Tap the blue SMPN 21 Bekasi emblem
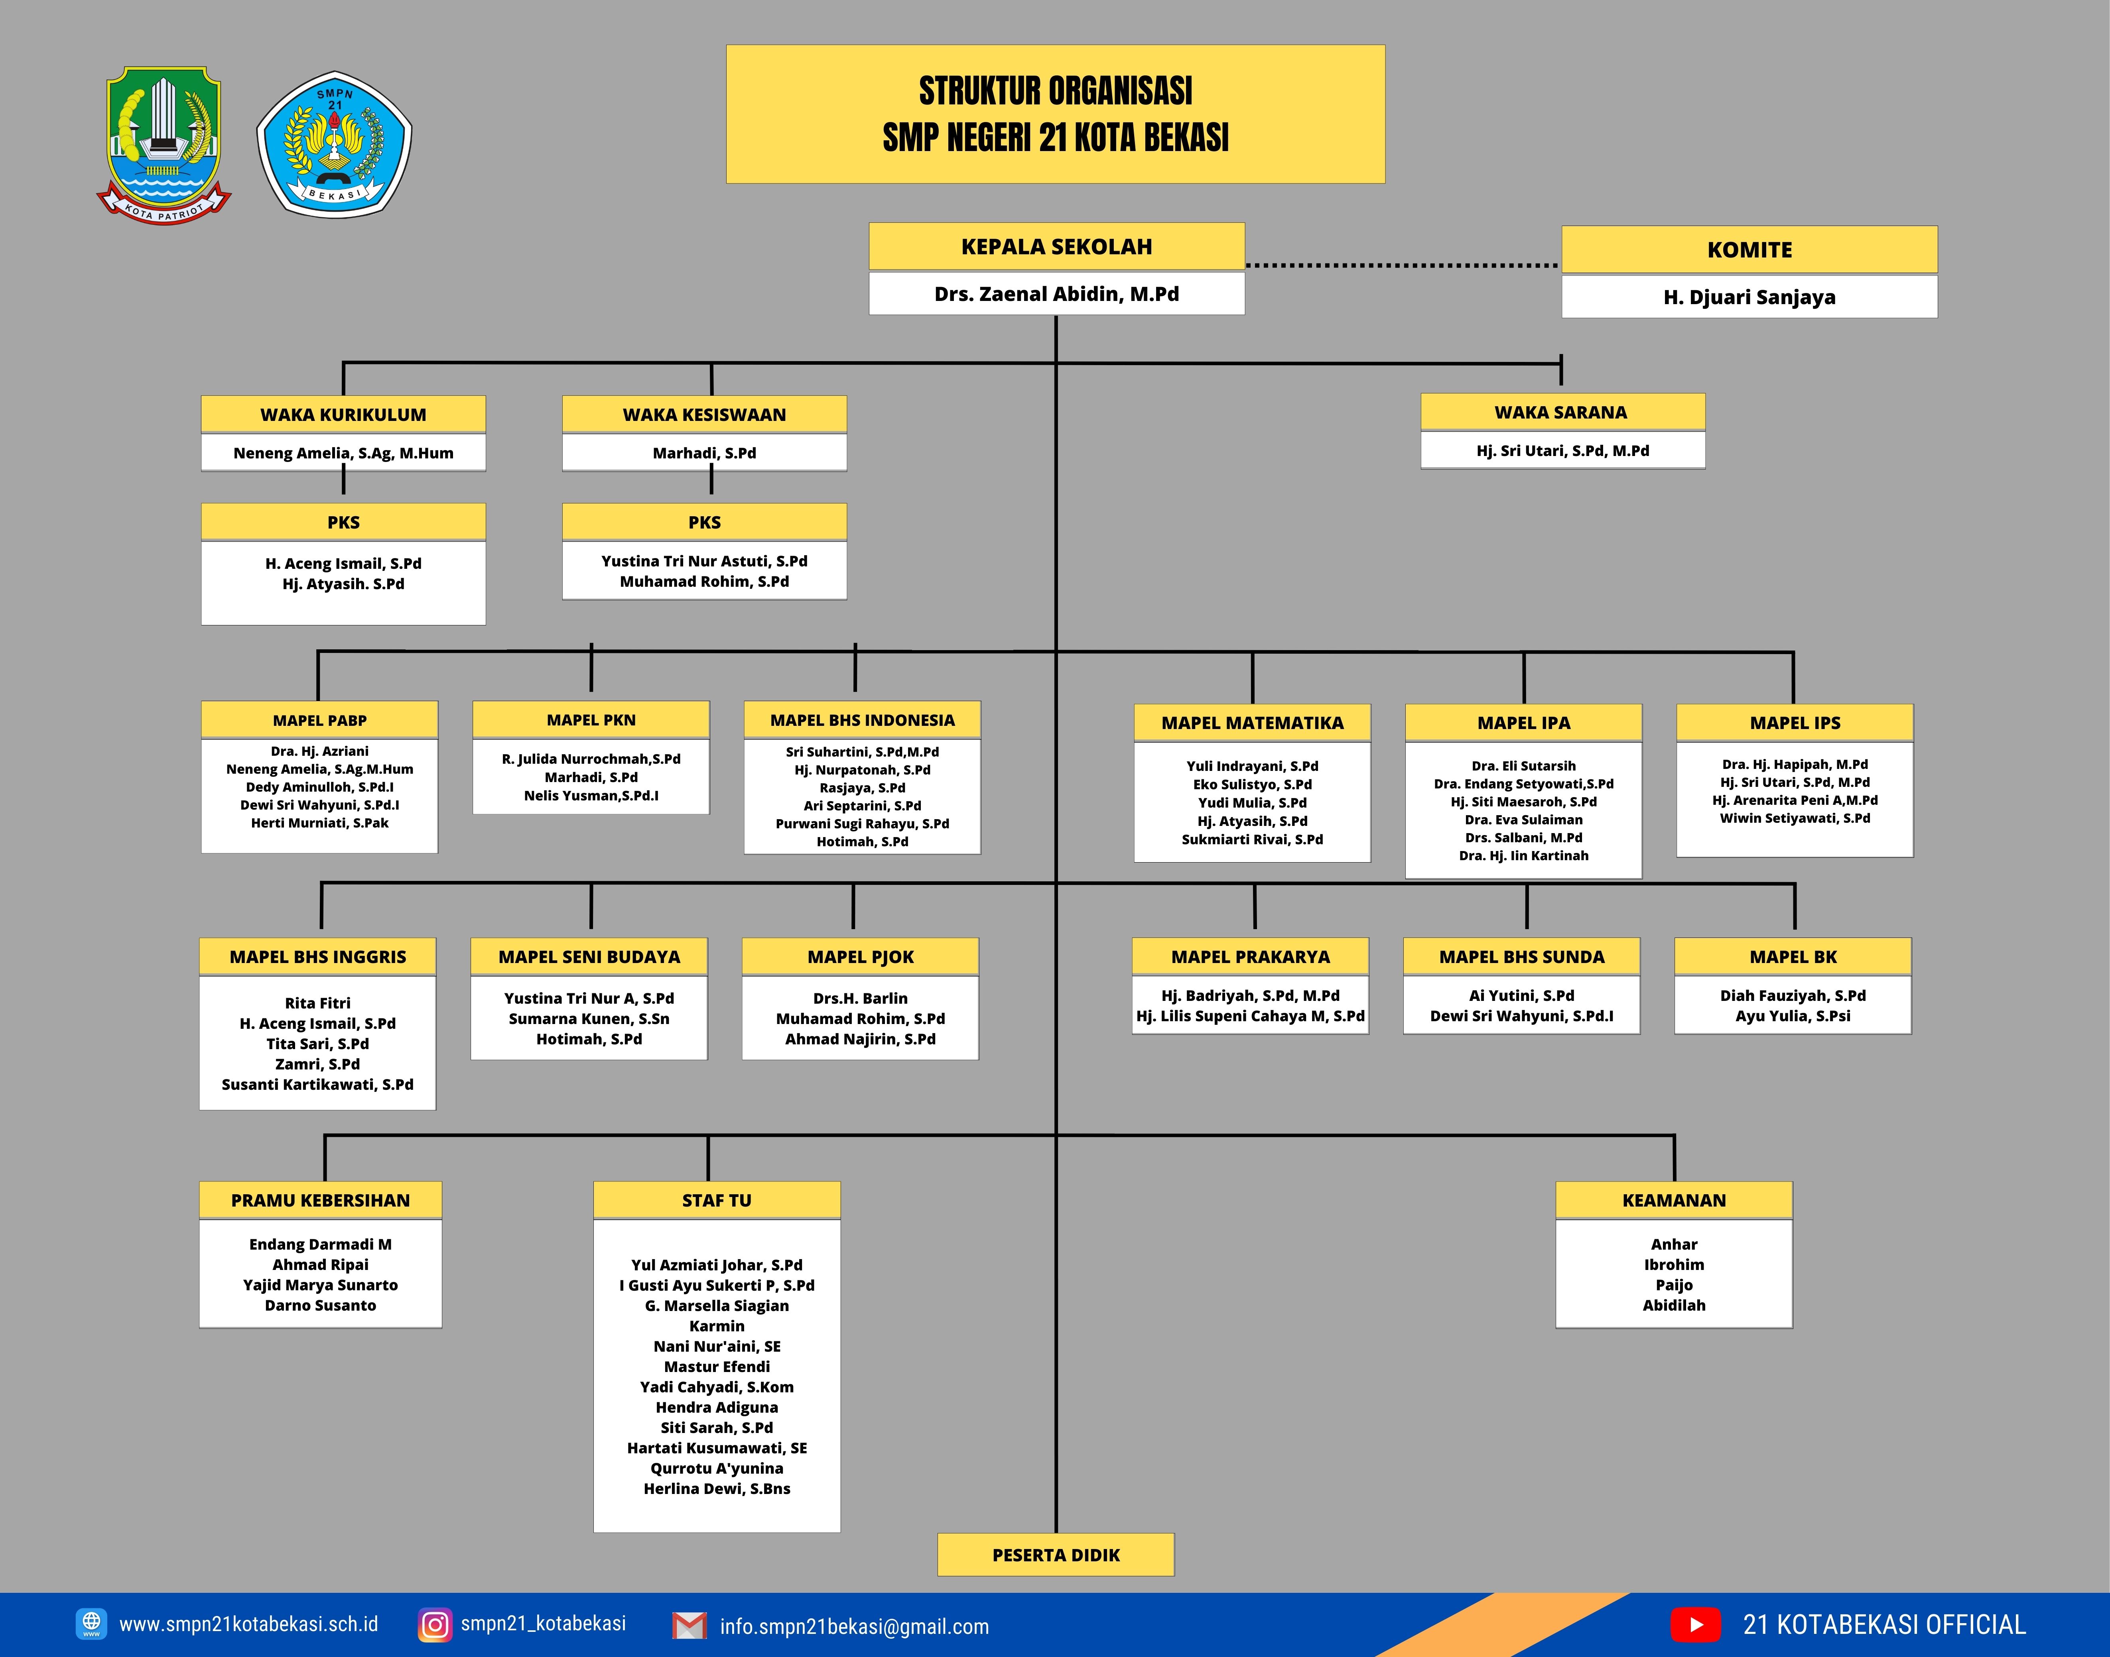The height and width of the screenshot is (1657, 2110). (334, 143)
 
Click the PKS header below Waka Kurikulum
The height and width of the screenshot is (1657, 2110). (344, 522)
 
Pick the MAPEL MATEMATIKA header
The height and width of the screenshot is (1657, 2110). (1252, 723)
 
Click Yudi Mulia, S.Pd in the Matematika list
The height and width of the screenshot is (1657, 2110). (1252, 802)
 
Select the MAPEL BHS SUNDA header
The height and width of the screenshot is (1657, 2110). (1522, 957)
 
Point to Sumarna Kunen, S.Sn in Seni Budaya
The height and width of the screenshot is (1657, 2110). (589, 1019)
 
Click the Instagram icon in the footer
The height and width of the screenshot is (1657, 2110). (435, 1624)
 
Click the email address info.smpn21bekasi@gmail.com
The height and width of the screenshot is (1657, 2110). (854, 1626)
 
